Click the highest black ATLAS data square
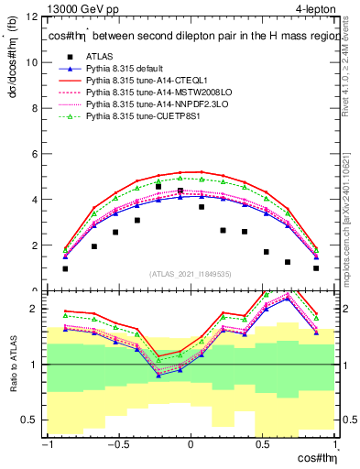point(158,186)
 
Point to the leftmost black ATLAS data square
point(65,268)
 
